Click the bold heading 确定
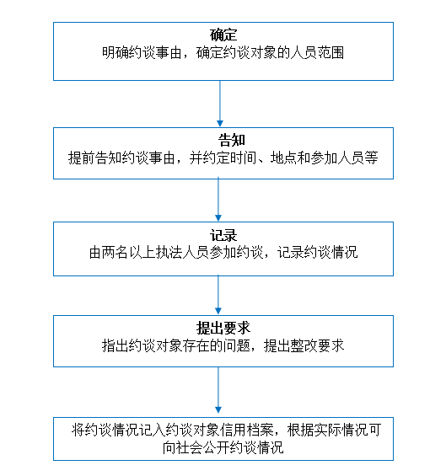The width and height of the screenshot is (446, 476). coord(223,35)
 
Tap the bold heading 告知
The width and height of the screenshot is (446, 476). coord(232,140)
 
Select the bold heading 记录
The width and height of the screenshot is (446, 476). coord(223,235)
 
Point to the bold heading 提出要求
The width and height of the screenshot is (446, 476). coord(223,328)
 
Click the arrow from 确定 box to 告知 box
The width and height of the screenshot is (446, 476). coord(220,104)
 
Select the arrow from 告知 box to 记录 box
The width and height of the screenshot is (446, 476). coord(218,200)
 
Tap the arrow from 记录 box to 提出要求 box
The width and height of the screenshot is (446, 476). coord(218,295)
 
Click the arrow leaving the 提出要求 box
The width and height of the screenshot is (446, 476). coord(218,390)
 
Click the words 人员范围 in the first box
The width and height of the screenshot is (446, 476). coord(317,53)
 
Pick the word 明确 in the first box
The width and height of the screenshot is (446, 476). coord(116,53)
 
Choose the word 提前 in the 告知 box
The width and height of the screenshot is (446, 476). coord(82,158)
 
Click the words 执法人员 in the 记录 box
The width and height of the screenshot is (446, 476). coord(182,253)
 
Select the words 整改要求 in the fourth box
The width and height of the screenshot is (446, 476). coord(317,345)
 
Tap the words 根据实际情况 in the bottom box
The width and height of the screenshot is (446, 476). coord(327,431)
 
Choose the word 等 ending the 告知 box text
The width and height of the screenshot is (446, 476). coord(371,158)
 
